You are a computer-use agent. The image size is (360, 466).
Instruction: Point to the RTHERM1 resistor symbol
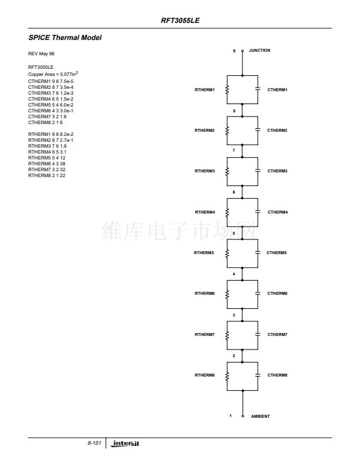(x=227, y=89)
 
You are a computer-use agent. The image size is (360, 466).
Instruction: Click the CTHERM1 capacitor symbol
(x=256, y=89)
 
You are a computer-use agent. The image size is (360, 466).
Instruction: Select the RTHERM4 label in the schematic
(x=205, y=211)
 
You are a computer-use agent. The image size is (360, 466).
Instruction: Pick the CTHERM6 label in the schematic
(x=278, y=293)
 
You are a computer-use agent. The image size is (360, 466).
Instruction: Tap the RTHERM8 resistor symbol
(x=227, y=375)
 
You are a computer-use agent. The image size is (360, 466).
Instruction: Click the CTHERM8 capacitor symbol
(x=256, y=375)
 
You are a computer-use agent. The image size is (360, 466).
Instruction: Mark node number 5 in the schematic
(x=234, y=234)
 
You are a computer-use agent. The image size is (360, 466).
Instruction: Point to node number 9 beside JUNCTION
(x=234, y=51)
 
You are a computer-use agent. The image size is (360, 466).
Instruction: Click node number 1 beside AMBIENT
(x=231, y=416)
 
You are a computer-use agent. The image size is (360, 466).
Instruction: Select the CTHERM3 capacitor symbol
(x=256, y=171)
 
